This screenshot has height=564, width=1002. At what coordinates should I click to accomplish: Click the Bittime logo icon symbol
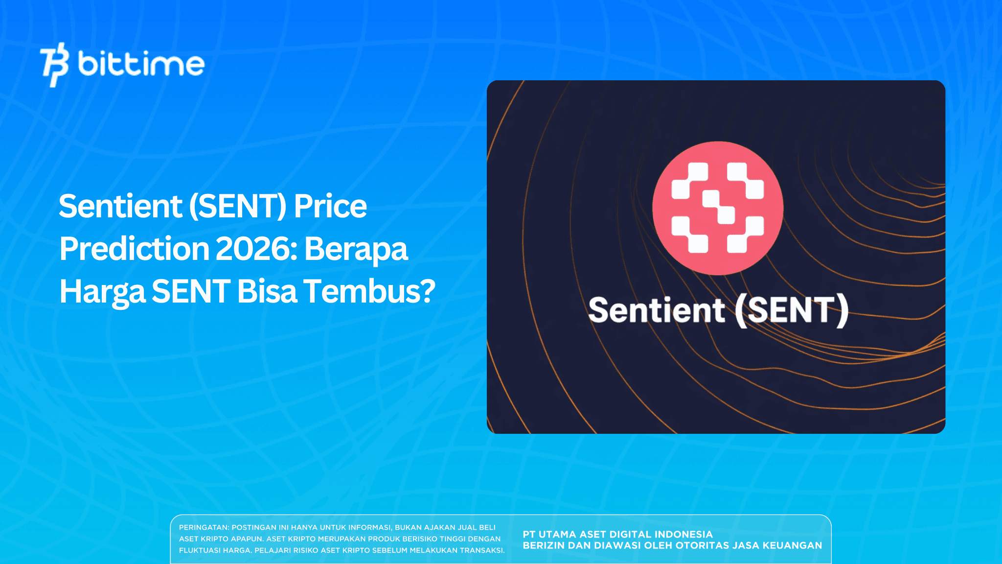(54, 64)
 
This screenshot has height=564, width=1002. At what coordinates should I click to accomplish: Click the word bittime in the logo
(141, 64)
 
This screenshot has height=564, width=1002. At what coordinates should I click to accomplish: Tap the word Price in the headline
(330, 206)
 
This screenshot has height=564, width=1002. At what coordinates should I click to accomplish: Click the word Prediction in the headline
(134, 249)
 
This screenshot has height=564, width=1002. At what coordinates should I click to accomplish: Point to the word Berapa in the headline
(356, 249)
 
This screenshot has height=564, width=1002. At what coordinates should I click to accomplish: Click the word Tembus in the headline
(361, 291)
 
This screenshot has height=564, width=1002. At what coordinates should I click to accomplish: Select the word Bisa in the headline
(267, 291)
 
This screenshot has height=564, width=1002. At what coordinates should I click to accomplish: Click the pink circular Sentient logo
(717, 208)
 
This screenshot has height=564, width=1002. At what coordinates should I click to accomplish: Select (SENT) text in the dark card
(792, 310)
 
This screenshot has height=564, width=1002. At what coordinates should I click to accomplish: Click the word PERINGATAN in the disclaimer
(203, 527)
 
